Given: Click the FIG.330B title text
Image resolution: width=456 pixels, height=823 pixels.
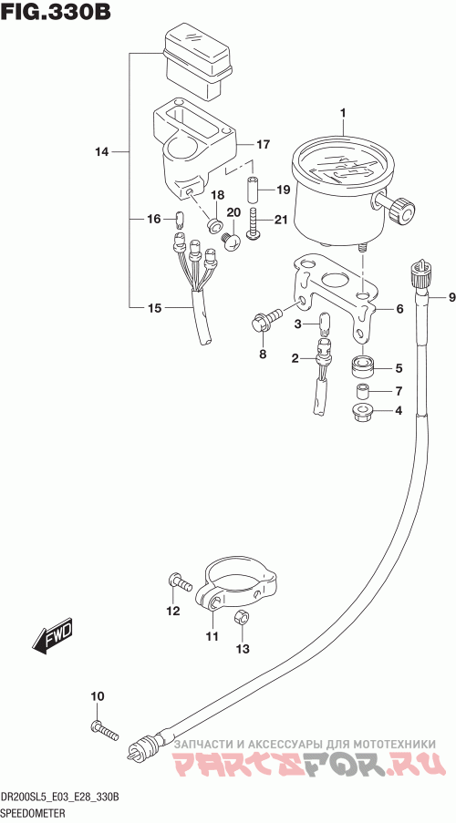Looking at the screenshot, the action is (56, 11).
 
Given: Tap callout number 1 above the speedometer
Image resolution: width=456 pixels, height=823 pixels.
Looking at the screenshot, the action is (343, 112).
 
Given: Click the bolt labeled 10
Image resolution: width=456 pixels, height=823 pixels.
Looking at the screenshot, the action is (105, 731).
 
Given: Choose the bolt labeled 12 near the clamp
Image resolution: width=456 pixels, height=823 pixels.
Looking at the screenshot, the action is (179, 582).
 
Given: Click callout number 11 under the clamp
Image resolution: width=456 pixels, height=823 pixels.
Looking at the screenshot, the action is (212, 636).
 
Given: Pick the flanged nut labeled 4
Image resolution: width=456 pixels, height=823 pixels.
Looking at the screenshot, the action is (362, 412).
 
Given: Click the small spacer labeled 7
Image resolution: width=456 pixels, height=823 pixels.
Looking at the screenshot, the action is (362, 391).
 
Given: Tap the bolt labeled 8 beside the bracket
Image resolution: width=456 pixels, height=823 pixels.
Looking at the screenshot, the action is (266, 320).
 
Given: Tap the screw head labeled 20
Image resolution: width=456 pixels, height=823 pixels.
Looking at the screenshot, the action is (231, 242).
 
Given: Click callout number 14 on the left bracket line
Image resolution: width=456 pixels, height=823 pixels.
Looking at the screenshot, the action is (101, 152).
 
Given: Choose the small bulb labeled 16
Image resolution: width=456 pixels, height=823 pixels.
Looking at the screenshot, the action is (179, 218).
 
